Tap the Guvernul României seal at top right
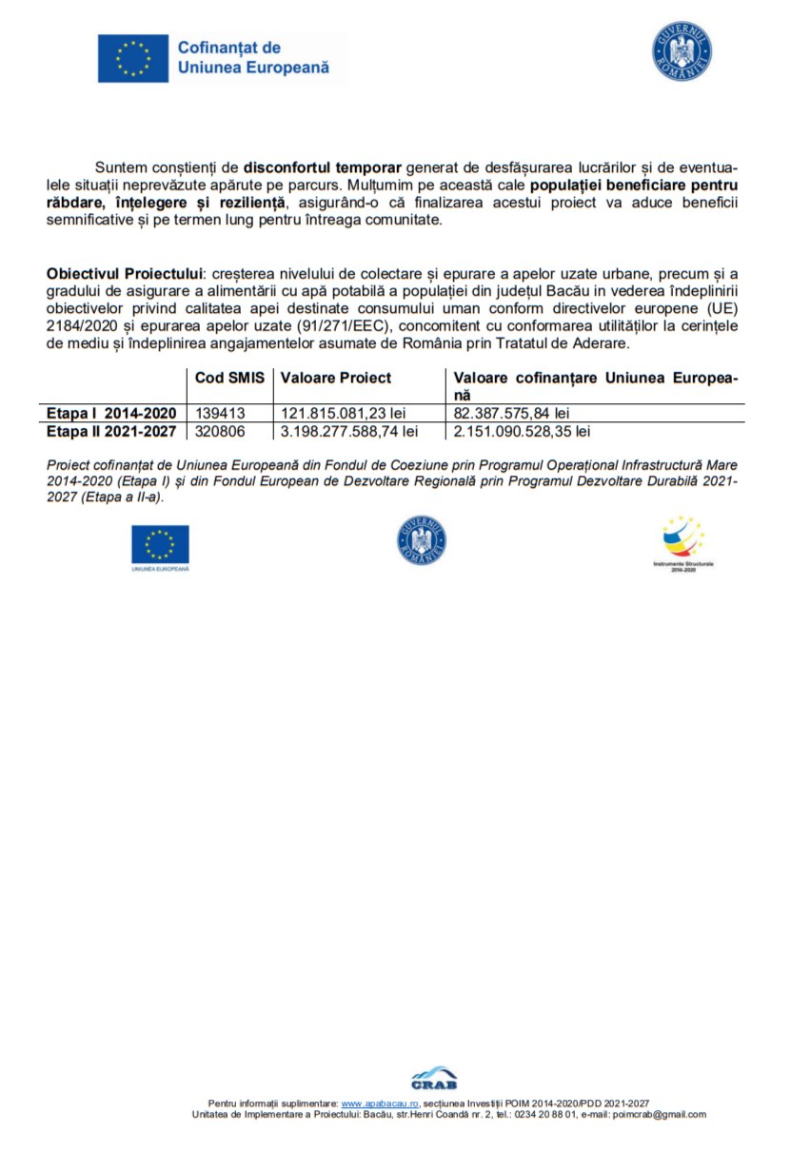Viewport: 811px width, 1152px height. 682,50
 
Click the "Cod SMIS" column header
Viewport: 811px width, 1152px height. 229,378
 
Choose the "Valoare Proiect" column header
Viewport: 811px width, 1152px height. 336,378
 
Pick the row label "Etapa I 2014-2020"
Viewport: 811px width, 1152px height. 111,414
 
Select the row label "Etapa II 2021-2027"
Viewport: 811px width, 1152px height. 111,431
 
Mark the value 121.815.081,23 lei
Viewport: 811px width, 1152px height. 343,414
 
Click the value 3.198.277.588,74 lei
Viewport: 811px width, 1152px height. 349,431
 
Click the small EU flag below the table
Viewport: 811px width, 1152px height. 160,544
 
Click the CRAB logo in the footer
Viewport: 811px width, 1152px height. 434,1078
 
